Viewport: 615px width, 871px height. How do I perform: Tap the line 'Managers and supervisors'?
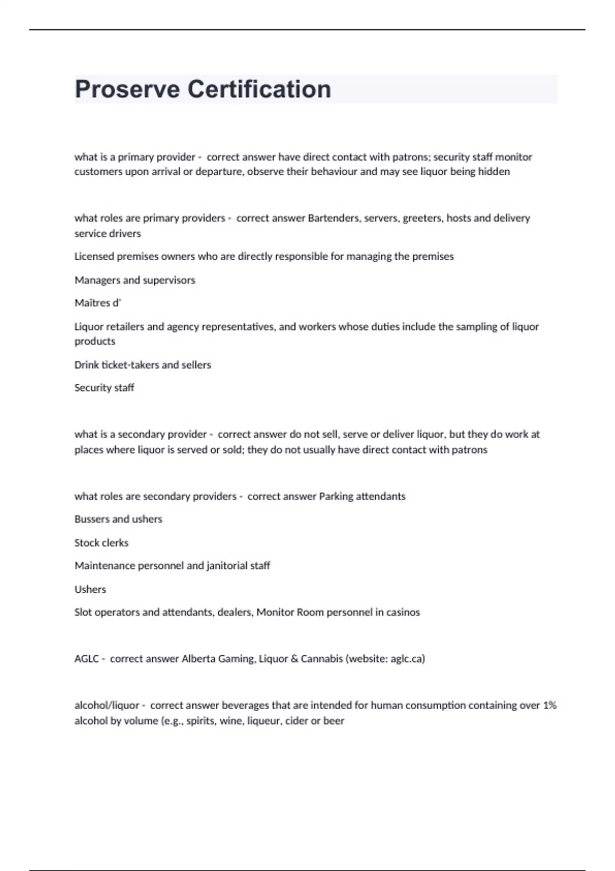tap(135, 280)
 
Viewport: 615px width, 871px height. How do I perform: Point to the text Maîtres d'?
tap(97, 303)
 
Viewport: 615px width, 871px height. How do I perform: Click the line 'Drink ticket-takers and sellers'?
tap(142, 365)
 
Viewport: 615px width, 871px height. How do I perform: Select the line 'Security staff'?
tap(104, 388)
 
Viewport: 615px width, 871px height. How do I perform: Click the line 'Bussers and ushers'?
tap(118, 519)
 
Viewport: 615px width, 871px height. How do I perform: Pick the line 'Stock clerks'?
tap(101, 543)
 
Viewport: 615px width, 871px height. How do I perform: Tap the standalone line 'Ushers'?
tap(90, 589)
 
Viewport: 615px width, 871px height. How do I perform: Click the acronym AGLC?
tap(86, 659)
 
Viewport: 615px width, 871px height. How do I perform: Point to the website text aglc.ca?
tap(406, 659)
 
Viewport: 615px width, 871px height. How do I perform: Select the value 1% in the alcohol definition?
tap(549, 706)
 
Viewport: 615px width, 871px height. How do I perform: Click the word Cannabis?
tap(321, 659)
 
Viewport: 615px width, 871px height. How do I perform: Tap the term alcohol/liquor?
tap(107, 706)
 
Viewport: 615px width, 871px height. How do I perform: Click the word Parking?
tap(336, 496)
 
